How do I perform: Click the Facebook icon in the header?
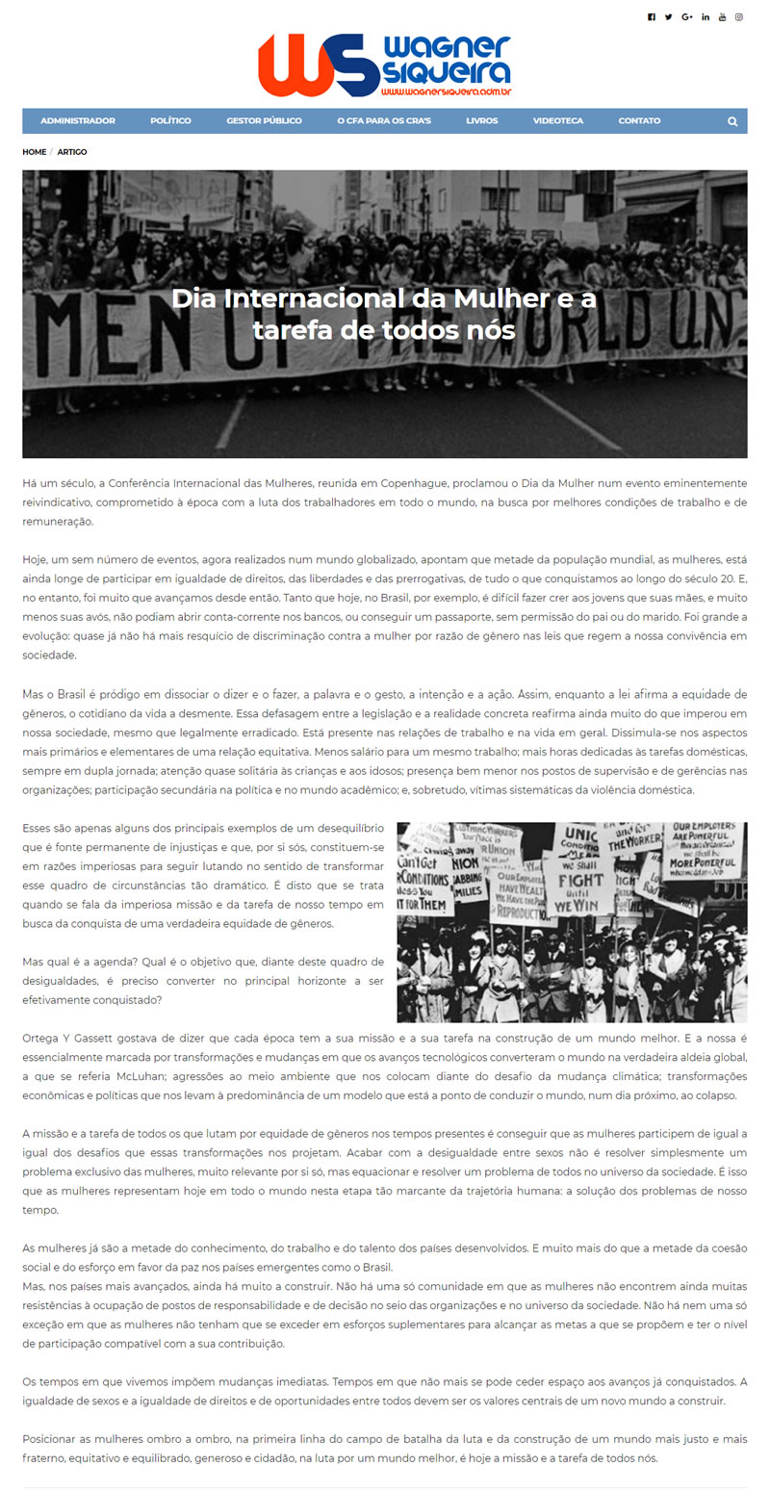coord(652,17)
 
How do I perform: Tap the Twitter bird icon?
coord(669,17)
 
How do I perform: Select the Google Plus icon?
coord(687,17)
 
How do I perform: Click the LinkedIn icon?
coord(706,17)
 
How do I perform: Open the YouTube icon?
coord(723,17)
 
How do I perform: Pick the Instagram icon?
coord(739,17)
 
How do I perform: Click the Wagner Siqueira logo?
coord(384,65)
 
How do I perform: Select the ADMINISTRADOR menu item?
coord(78,121)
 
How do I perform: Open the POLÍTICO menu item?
coord(170,121)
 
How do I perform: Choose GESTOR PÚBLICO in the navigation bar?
coord(264,121)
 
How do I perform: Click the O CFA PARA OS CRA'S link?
coord(384,121)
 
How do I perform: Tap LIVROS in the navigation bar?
coord(482,121)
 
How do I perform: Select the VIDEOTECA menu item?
coord(558,121)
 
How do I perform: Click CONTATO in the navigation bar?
coord(639,121)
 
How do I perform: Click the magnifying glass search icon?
coord(732,121)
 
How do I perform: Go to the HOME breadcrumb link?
coord(34,152)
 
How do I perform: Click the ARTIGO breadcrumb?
coord(72,152)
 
